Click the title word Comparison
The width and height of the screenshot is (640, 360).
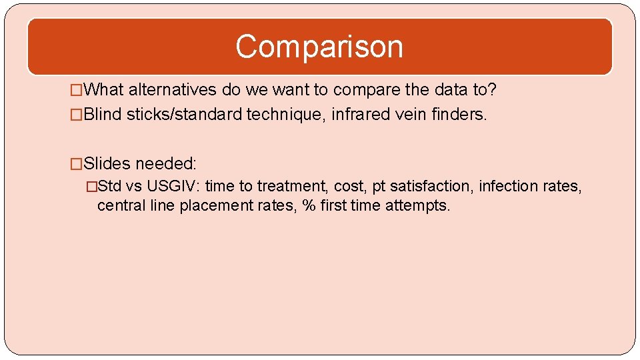pyautogui.click(x=319, y=47)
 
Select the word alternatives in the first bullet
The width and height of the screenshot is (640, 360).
pyautogui.click(x=170, y=89)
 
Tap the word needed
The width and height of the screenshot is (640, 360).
pyautogui.click(x=165, y=163)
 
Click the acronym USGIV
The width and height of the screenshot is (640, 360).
pyautogui.click(x=171, y=186)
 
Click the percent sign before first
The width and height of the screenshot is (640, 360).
pyautogui.click(x=309, y=205)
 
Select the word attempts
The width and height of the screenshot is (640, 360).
pyautogui.click(x=420, y=205)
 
